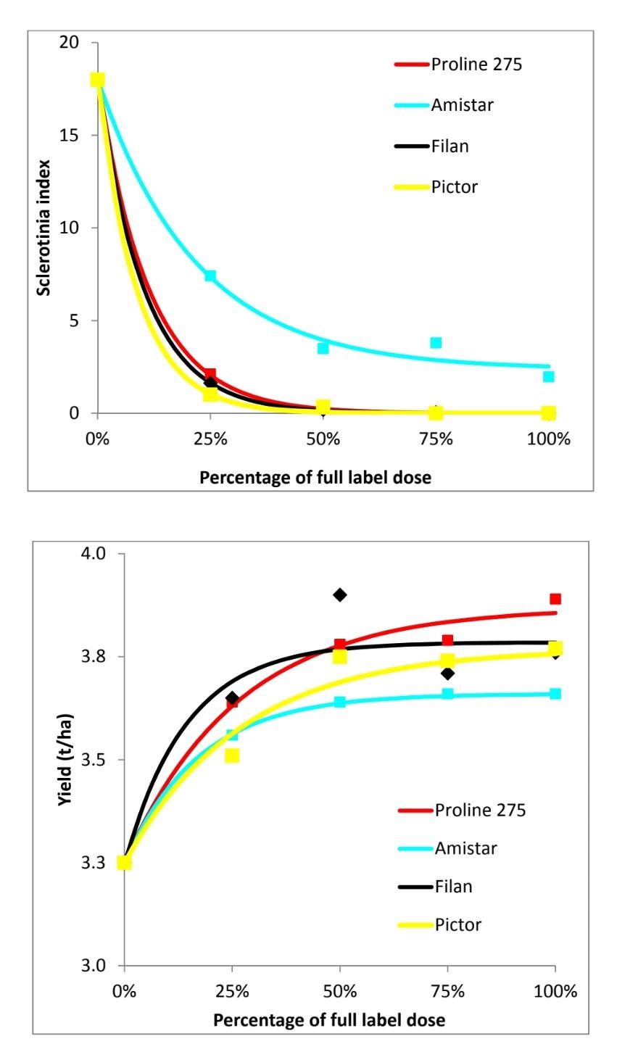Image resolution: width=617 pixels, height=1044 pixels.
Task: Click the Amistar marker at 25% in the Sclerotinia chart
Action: (210, 275)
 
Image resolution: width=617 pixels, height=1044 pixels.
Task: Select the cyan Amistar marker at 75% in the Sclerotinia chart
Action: (436, 342)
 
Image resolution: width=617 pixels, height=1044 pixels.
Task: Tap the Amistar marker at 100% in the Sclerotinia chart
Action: (549, 376)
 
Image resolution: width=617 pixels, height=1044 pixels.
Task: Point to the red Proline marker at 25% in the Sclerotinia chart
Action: (210, 374)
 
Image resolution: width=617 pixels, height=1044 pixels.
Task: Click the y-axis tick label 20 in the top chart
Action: (69, 43)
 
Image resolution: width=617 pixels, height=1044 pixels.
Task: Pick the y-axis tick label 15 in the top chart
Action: (69, 136)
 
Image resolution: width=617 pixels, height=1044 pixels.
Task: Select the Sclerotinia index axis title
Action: (45, 227)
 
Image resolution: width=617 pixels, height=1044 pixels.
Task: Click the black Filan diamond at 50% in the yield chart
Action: (339, 594)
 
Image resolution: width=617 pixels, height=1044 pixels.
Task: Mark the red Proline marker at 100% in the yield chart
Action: (555, 599)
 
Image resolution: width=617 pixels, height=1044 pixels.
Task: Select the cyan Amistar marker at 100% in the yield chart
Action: (555, 694)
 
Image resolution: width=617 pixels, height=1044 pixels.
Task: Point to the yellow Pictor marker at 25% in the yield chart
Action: (232, 755)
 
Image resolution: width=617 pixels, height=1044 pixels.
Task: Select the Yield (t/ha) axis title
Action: (65, 760)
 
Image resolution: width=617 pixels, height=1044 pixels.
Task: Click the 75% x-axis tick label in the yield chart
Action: (448, 991)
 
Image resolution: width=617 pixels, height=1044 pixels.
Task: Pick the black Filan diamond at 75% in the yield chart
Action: (447, 674)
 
